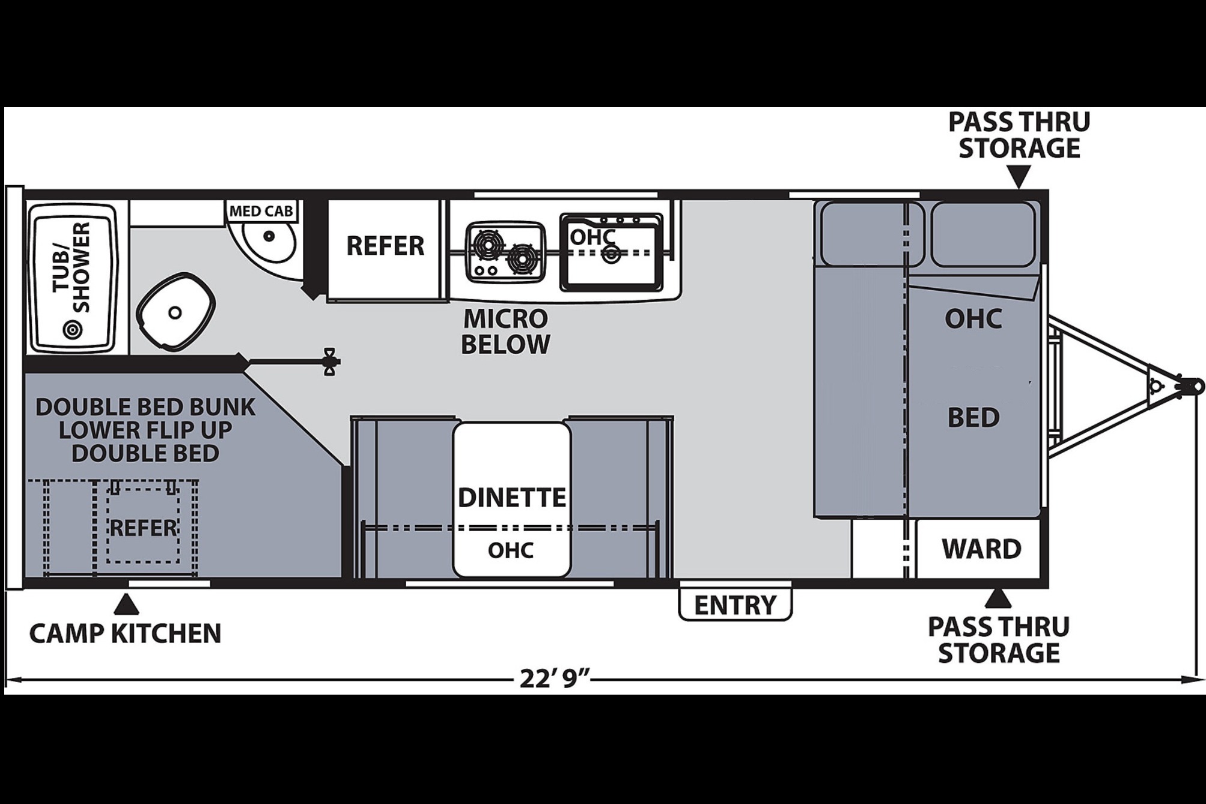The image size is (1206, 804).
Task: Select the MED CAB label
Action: pyautogui.click(x=261, y=211)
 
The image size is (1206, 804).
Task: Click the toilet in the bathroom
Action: pyautogui.click(x=175, y=311)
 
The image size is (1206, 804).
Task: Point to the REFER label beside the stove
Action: pyautogui.click(x=385, y=246)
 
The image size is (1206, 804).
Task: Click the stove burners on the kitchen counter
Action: pyautogui.click(x=506, y=252)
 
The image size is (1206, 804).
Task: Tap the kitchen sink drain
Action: pyautogui.click(x=612, y=254)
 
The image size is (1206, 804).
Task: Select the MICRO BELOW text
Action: pyautogui.click(x=505, y=332)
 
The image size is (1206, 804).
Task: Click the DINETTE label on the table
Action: pyautogui.click(x=512, y=498)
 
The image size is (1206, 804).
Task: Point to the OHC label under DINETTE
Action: pyautogui.click(x=511, y=550)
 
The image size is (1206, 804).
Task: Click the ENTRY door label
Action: pyautogui.click(x=735, y=605)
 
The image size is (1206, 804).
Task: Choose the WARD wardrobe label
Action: pyautogui.click(x=981, y=549)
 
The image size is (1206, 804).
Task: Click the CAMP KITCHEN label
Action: pyautogui.click(x=126, y=633)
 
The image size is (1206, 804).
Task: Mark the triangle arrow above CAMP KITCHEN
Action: pyautogui.click(x=126, y=605)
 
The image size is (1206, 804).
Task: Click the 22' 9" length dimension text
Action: pyautogui.click(x=553, y=679)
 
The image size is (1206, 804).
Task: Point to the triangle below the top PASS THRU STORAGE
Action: pyautogui.click(x=1019, y=178)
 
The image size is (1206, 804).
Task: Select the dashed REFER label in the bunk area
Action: pyautogui.click(x=144, y=528)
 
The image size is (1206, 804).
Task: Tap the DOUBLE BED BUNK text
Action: pyautogui.click(x=145, y=407)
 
